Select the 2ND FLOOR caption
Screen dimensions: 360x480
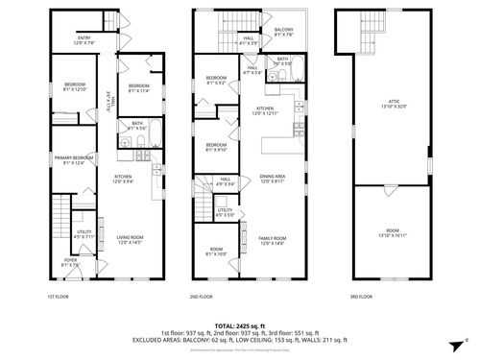pos(201,296)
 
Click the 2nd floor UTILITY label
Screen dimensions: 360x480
pos(225,212)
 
